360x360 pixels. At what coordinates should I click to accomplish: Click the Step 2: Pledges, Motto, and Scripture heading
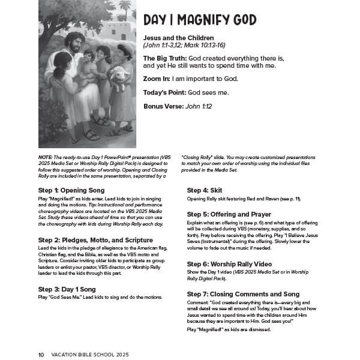pyautogui.click(x=95, y=240)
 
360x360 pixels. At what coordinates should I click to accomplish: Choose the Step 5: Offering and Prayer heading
pyautogui.click(x=229, y=214)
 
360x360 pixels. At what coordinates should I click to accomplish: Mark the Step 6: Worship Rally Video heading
pyautogui.click(x=229, y=263)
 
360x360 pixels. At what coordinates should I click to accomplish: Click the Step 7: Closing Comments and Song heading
pyautogui.click(x=242, y=294)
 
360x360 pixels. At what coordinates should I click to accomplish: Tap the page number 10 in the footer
pyautogui.click(x=41, y=355)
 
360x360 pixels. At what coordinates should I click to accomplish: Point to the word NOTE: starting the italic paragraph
pyautogui.click(x=45, y=155)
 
